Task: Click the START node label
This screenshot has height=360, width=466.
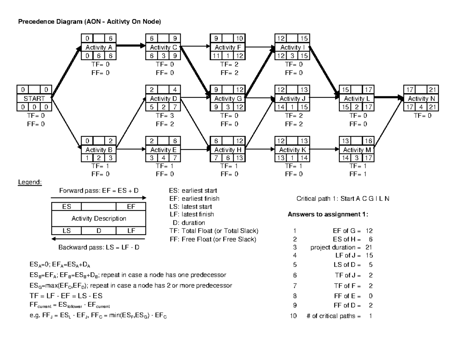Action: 34,99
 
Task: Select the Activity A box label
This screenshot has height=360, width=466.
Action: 99,47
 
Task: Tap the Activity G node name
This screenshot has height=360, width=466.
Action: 228,99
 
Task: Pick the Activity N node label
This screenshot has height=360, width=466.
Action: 421,99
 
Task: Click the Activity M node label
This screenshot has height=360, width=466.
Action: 357,150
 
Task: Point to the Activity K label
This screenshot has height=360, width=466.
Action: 292,150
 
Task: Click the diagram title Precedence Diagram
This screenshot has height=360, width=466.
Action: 89,22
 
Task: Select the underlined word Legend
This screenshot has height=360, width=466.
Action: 30,182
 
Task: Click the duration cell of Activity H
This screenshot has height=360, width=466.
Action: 228,158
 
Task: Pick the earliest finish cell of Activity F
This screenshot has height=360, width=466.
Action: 240,38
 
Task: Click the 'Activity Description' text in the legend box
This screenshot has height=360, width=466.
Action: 99,219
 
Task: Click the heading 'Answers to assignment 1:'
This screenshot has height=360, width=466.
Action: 327,215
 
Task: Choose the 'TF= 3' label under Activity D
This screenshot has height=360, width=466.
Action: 163,116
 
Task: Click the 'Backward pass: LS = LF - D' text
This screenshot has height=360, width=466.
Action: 99,247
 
